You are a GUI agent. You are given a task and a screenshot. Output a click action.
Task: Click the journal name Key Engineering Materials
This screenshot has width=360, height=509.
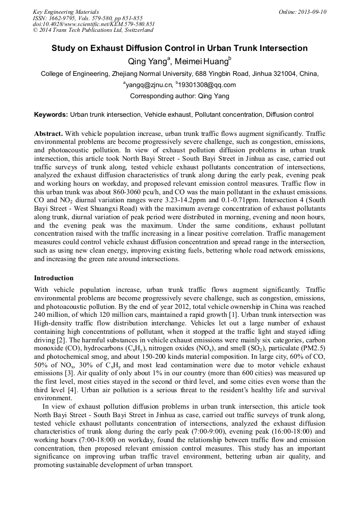66,12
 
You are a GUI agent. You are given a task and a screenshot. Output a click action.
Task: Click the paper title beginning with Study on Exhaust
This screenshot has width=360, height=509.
179,48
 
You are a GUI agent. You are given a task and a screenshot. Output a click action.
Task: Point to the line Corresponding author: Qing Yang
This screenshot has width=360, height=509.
179,96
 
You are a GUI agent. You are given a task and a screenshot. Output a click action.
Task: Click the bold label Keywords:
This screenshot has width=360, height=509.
51,115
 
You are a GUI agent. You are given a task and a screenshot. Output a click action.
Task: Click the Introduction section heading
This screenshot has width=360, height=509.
54,278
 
